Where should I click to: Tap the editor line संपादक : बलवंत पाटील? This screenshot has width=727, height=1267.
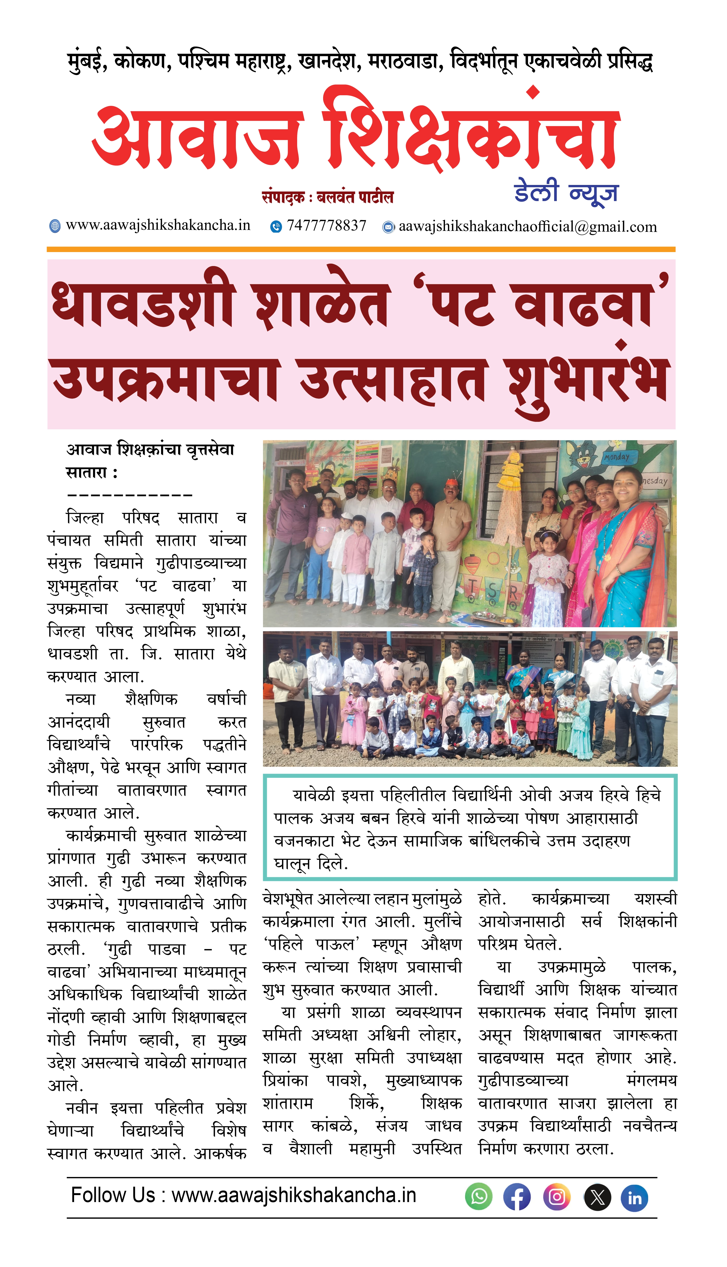(x=327, y=197)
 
